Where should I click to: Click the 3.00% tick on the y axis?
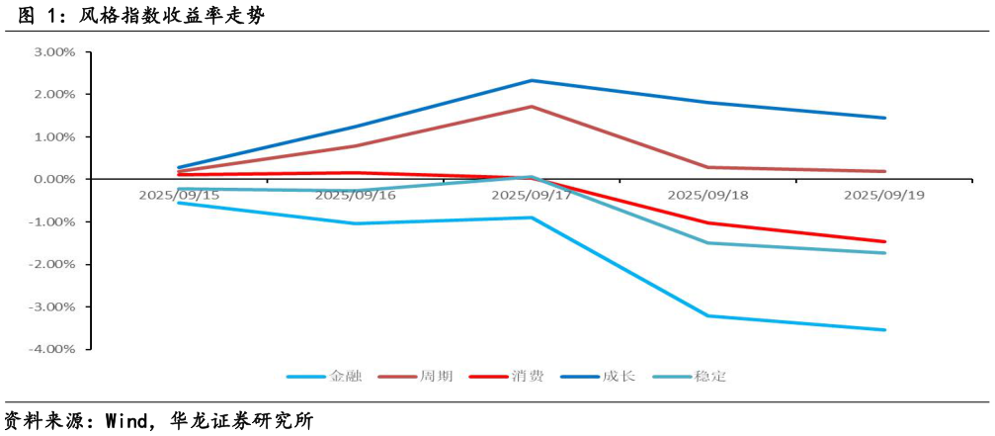(x=54, y=51)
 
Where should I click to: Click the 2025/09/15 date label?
(x=179, y=196)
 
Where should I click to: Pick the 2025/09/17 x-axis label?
(x=532, y=196)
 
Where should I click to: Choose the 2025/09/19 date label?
(x=884, y=196)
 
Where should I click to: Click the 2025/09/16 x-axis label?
(x=356, y=196)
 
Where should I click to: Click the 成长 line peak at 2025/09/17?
(x=532, y=81)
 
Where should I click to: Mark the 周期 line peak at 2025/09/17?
(x=532, y=107)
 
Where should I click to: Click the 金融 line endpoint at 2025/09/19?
(x=885, y=330)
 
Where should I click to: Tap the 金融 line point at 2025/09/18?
(x=708, y=316)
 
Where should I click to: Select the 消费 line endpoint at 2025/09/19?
(x=885, y=241)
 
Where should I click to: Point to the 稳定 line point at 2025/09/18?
(x=708, y=243)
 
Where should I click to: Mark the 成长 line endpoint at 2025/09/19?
(x=885, y=118)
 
